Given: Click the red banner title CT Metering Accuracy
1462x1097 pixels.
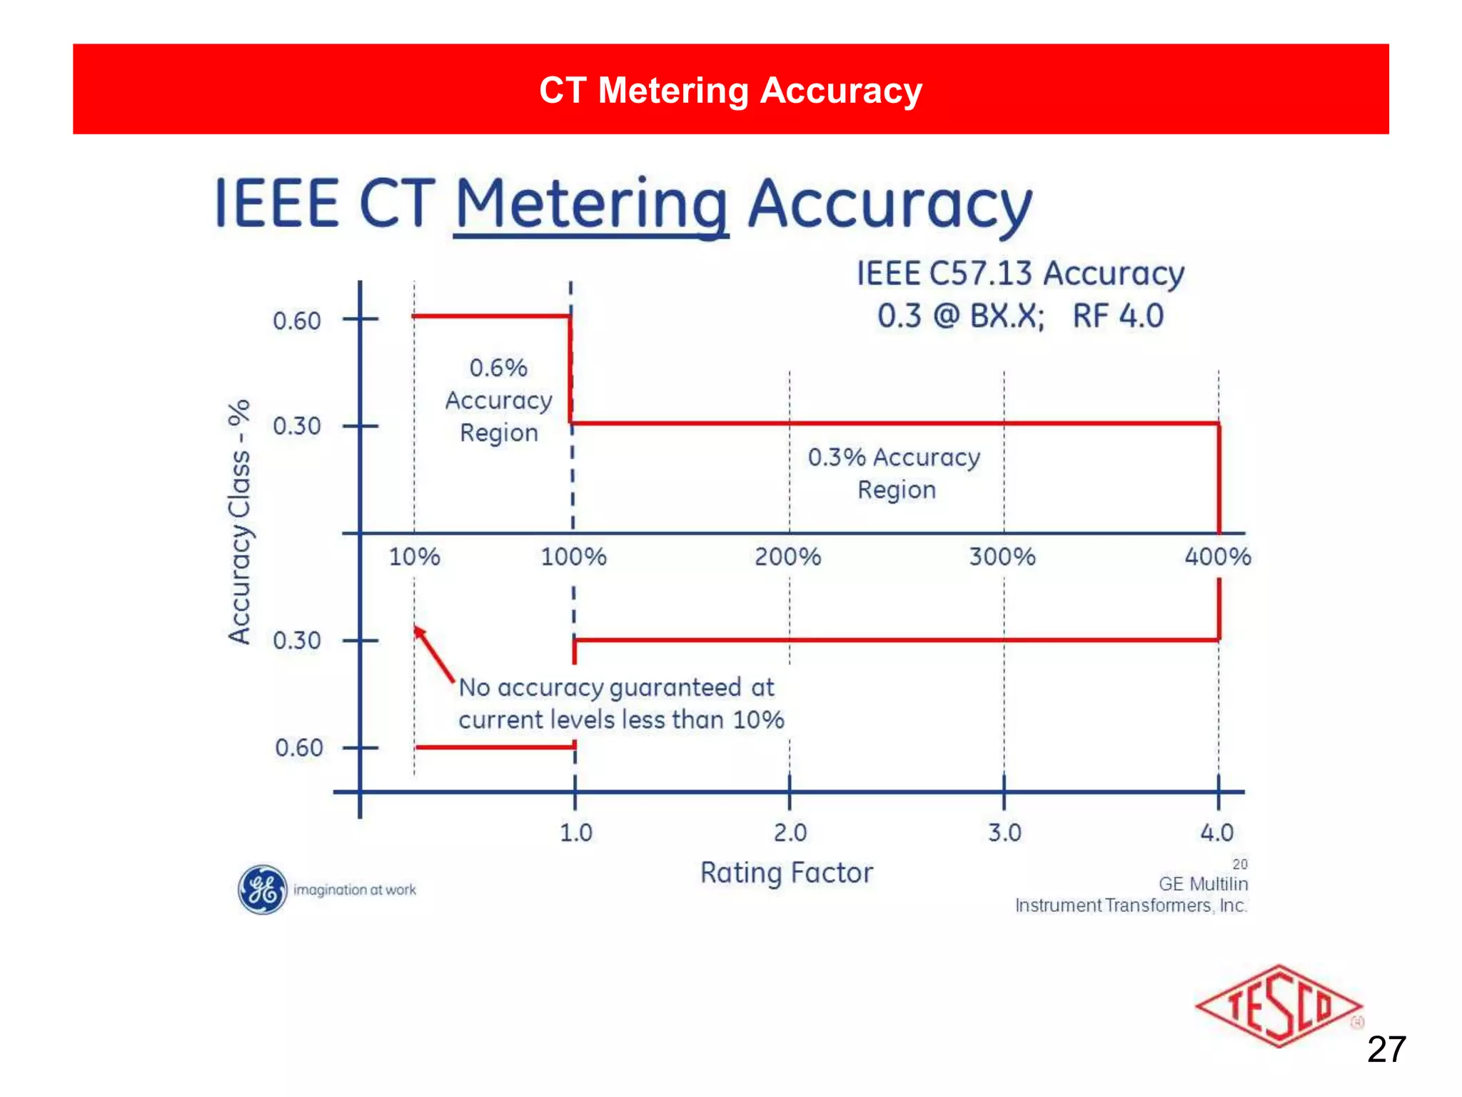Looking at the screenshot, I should [x=730, y=91].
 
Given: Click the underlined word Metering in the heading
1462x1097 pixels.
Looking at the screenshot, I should [x=591, y=205].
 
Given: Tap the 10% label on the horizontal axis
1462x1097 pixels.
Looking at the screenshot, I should [x=414, y=557].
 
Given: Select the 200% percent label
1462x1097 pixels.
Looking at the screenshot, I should [x=787, y=557].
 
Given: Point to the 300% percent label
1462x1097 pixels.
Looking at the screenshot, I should [x=1002, y=557].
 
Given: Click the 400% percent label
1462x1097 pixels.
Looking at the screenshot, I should [x=1217, y=557].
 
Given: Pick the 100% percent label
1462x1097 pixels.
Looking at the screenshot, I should [x=573, y=557].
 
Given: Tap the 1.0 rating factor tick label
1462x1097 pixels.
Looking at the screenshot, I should [x=575, y=833].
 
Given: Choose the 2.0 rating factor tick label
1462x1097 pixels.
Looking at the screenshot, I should [x=790, y=833].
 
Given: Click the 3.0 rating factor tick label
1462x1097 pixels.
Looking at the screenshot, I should [x=1004, y=833].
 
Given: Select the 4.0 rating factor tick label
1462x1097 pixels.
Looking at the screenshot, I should [x=1217, y=833].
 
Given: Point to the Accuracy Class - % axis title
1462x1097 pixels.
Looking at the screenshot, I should [x=240, y=521].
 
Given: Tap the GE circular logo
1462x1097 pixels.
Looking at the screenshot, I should [x=263, y=890].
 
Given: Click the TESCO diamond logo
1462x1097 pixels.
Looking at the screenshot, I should [x=1278, y=1006].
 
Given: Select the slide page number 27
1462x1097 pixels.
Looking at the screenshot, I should [x=1386, y=1050].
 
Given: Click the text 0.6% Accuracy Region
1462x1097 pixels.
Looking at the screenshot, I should [x=498, y=401].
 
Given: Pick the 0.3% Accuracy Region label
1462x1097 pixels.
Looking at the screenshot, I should [x=894, y=473].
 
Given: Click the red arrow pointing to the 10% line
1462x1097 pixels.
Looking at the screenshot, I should [x=433, y=653].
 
